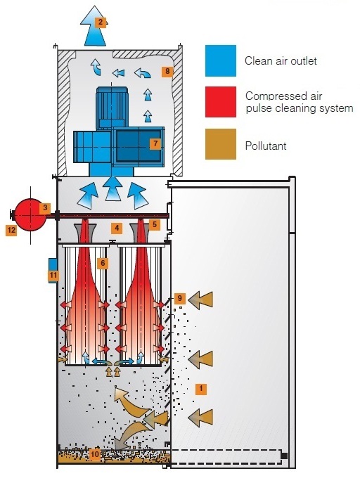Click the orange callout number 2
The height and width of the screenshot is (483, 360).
click(x=101, y=22)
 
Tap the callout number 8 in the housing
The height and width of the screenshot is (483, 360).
click(x=167, y=71)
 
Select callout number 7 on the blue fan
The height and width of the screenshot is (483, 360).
click(x=155, y=143)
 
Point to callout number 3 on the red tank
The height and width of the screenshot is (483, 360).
click(x=45, y=208)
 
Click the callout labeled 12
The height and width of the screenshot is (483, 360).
click(x=11, y=229)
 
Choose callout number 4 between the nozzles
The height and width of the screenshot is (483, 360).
click(x=117, y=228)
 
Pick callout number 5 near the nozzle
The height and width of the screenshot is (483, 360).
click(x=155, y=224)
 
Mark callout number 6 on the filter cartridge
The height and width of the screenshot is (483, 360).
click(x=103, y=262)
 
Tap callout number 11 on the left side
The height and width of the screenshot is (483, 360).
click(x=53, y=276)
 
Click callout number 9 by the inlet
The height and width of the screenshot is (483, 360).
click(x=179, y=299)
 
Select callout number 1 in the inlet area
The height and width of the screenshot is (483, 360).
click(x=201, y=387)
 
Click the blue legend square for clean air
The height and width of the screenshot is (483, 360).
click(x=219, y=60)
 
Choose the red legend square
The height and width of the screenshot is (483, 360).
click(x=219, y=101)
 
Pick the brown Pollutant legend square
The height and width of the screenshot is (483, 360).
click(x=219, y=145)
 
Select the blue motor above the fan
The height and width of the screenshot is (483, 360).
click(x=113, y=110)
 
